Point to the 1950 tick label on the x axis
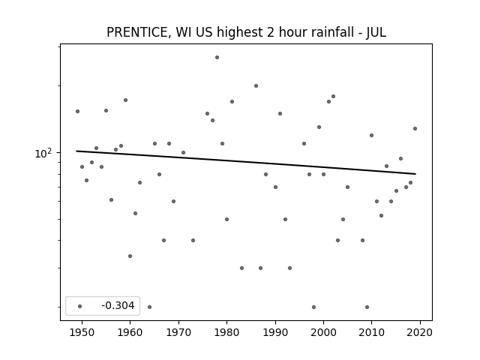pos(82,332)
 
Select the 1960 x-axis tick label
pos(130,332)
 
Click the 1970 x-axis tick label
pos(178,332)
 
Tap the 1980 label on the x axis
pos(226,332)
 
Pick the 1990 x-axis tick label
pos(275,332)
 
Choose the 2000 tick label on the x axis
pos(323,332)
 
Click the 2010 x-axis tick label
pos(372,332)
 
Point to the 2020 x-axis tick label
pos(420,332)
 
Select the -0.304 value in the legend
pos(118,305)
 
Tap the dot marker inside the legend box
pos(80,306)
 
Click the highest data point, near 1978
pos(217,57)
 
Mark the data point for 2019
pos(415,128)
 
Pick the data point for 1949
pos(77,112)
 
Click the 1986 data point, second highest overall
pos(256,86)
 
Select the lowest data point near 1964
pos(149,307)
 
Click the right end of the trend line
pos(415,174)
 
